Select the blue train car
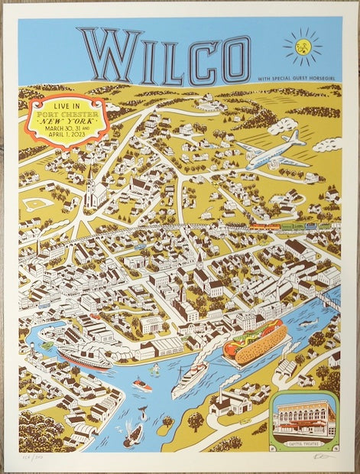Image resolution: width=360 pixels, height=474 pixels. click(x=311, y=226)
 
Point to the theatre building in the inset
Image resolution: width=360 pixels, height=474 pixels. click(x=306, y=417)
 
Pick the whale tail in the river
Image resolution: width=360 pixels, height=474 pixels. click(x=142, y=412)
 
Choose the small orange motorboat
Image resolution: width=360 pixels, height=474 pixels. click(x=141, y=385)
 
